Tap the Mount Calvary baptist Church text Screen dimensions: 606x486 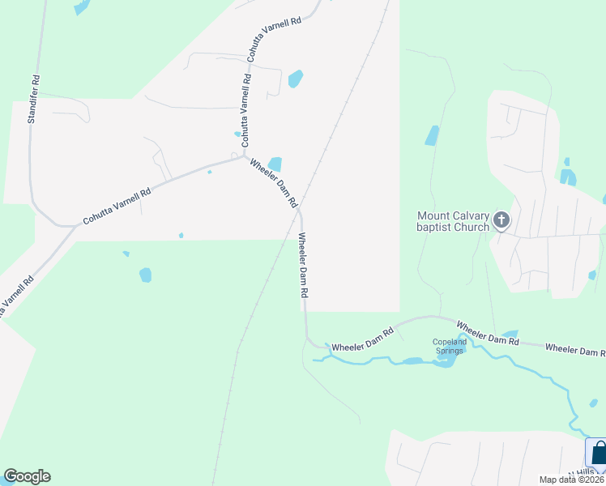tap(453, 221)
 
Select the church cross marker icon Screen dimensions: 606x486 tap(501, 220)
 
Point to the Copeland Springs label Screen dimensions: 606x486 tap(450, 347)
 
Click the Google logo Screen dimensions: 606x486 tap(27, 476)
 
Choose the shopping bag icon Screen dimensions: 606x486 tap(597, 453)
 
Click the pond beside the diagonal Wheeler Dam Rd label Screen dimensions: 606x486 tap(275, 164)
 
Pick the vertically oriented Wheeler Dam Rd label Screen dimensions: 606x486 tap(304, 266)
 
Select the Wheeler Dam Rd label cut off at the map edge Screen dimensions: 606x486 tap(575, 350)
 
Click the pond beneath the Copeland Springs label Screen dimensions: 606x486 tap(443, 361)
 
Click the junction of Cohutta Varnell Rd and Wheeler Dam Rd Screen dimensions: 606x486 tap(245, 156)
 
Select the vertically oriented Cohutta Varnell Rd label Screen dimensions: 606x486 tap(246, 107)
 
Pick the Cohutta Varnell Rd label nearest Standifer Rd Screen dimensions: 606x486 tap(117, 207)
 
